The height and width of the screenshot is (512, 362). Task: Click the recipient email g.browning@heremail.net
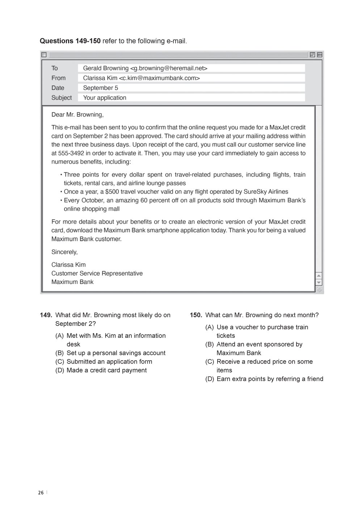pos(168,68)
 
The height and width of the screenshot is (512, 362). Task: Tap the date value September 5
pos(101,88)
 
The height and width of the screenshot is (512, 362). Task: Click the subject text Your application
pos(105,97)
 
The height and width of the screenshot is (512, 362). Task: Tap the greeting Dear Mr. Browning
pos(77,114)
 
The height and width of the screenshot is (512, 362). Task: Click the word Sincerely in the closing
pos(64,252)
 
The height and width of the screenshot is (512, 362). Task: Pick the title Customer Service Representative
pos(97,273)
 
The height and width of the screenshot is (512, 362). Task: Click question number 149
pos(46,315)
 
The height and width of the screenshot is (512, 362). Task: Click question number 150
pos(196,315)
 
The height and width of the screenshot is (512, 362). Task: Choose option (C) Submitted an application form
pos(104,361)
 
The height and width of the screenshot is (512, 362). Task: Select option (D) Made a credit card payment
pos(101,370)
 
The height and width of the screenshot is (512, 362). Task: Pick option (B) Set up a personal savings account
pos(110,353)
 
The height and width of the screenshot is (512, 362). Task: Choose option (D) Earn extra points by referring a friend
pos(264,379)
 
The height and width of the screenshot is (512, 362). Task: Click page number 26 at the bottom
pos(41,492)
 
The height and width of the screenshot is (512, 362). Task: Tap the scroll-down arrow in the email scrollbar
pos(319,282)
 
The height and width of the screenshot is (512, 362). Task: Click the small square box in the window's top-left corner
pos(44,55)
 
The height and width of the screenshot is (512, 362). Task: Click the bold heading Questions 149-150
pos(70,41)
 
